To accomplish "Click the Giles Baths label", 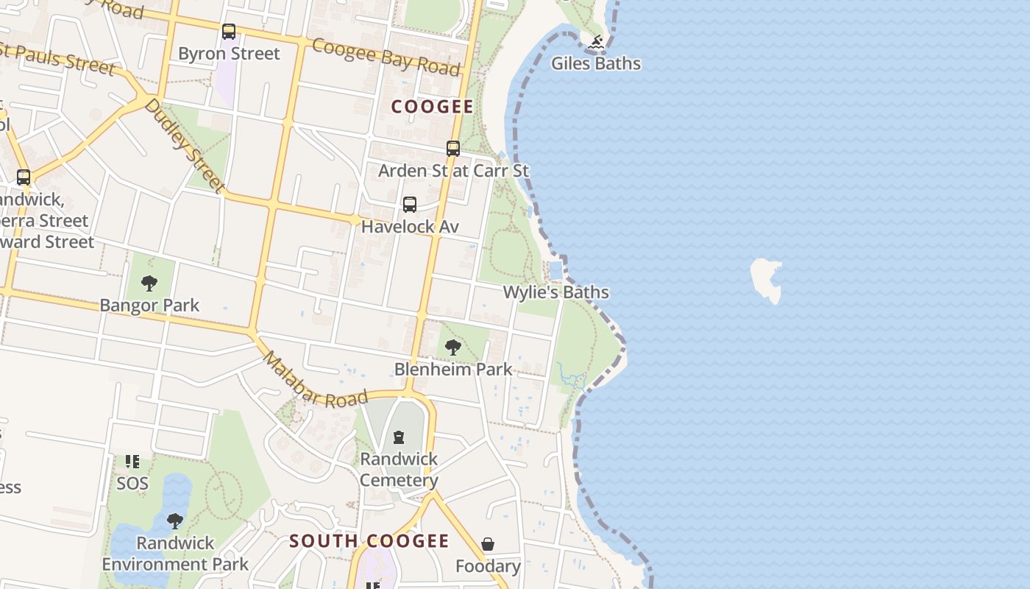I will click(596, 63).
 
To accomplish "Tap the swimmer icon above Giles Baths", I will click(596, 42).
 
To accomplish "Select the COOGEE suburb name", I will click(433, 107).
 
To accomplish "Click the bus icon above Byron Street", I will click(229, 32).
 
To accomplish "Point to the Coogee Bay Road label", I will click(386, 57).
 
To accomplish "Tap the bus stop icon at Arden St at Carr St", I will click(453, 149).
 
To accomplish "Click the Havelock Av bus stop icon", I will click(410, 205).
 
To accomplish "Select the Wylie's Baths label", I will click(555, 292).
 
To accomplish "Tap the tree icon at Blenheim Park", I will click(453, 347).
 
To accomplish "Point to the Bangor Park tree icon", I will click(149, 283).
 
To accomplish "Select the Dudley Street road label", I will click(183, 145).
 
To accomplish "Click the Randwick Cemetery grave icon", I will click(399, 437).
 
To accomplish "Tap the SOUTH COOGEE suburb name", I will click(369, 541).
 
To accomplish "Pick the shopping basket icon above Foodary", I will click(488, 545).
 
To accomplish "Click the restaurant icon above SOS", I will click(132, 462).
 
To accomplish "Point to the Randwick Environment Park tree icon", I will click(175, 521).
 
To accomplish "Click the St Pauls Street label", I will click(57, 58).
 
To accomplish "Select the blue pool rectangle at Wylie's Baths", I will click(556, 269).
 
